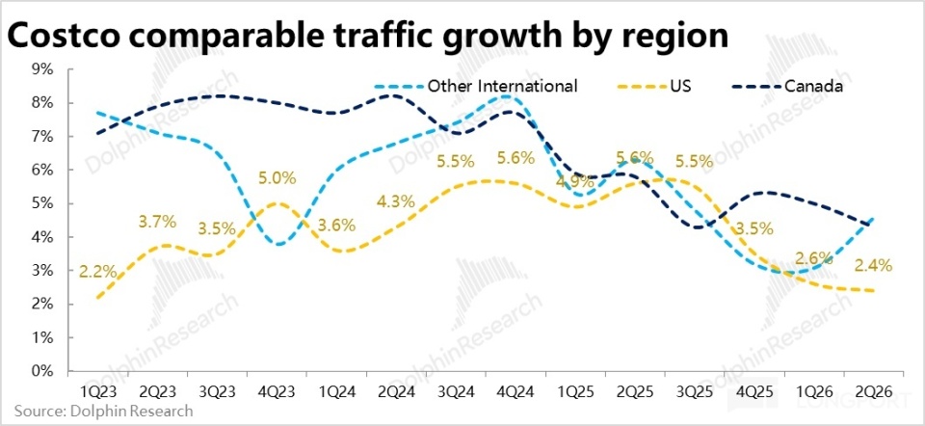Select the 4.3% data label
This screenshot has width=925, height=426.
tap(396, 201)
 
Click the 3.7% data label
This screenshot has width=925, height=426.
tap(157, 222)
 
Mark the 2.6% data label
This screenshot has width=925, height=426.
tap(814, 257)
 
